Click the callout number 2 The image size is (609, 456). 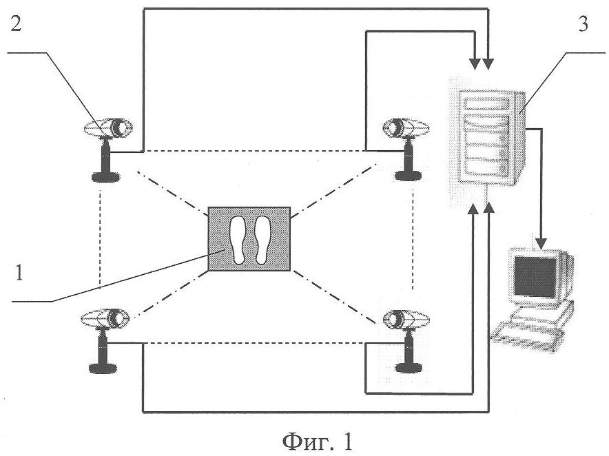pos(16,25)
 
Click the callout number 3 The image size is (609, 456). pos(583,24)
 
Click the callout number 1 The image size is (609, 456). pos(19,272)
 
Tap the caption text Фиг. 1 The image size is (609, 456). pos(318,442)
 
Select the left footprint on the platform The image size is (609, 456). pos(237,240)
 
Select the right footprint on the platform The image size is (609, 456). pos(262,240)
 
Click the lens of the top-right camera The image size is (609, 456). pos(395,127)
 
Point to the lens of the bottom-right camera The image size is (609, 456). pos(395,318)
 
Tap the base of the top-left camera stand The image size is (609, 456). pos(105,178)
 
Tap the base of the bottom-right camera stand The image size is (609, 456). pos(409,368)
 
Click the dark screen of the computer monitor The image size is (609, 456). pos(535,276)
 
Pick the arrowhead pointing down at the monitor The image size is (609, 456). pos(541,243)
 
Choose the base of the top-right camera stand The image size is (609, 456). pos(409,176)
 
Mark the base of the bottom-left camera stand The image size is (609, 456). pos(103,368)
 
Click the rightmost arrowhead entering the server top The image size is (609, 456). pos(488,63)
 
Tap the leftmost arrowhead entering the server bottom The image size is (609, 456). pos(473,209)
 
